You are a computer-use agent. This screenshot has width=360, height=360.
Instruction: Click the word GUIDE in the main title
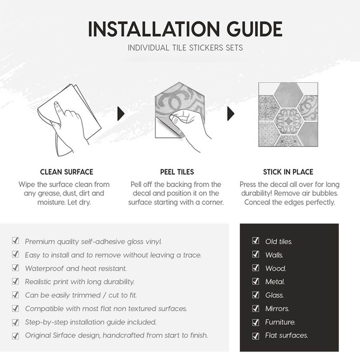point(254,29)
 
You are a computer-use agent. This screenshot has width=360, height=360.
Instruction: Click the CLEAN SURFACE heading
point(67,172)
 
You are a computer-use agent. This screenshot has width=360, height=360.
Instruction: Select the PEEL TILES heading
point(177,172)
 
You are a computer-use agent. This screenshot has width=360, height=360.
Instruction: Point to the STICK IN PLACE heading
point(288,172)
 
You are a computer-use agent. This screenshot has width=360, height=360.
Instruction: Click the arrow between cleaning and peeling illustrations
point(121,114)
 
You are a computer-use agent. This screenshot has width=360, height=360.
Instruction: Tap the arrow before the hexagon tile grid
point(231,114)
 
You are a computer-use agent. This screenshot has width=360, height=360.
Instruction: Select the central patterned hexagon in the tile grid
point(288,121)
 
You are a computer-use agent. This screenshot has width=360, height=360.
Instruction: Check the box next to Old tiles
point(255,241)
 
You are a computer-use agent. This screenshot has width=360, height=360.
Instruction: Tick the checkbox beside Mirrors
point(255,308)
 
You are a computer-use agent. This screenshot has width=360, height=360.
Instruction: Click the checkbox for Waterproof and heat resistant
point(15,268)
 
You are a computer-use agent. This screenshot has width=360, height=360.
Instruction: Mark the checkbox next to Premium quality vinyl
point(15,241)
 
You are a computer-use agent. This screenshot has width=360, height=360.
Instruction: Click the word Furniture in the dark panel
point(280,322)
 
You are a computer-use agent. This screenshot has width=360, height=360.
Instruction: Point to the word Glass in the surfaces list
point(274,295)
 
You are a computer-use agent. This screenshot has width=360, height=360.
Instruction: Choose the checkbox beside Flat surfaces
point(255,336)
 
